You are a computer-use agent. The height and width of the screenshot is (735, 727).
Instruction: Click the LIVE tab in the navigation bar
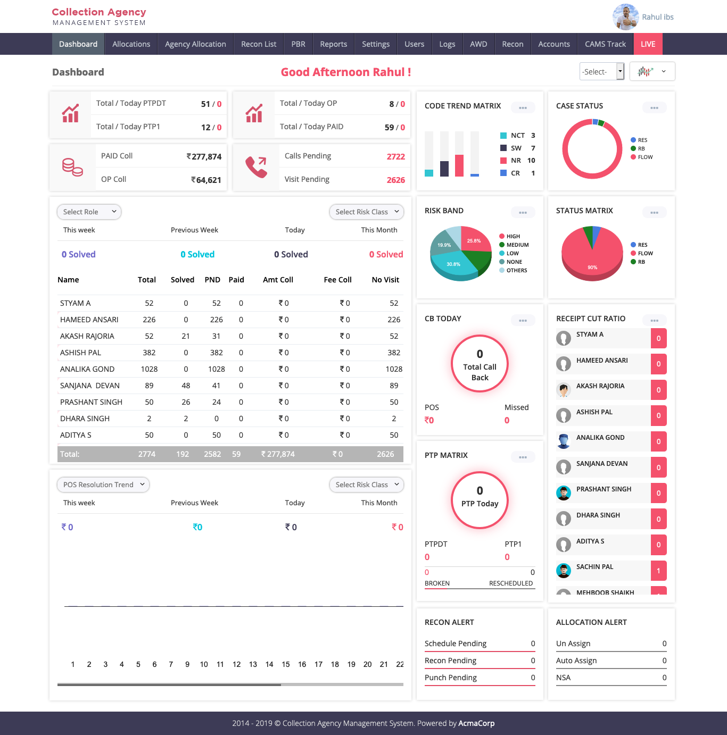point(648,44)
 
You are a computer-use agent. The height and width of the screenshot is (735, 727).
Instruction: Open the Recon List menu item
point(259,44)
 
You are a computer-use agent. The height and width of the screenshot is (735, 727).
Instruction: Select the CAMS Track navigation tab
point(605,44)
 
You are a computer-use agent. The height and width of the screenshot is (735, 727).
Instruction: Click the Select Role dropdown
point(89,212)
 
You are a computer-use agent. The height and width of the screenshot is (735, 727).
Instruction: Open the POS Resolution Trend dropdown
point(103,485)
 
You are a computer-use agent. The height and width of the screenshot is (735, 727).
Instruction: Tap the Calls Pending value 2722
point(395,156)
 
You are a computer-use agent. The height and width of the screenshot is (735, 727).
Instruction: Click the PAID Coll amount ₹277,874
point(204,156)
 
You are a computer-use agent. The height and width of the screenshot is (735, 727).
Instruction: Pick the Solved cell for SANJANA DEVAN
point(186,386)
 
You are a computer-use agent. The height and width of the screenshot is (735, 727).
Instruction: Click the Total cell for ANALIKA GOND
point(149,369)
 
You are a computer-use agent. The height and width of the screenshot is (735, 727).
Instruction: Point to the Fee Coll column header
point(337,280)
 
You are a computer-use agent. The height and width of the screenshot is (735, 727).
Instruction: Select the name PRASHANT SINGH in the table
point(91,402)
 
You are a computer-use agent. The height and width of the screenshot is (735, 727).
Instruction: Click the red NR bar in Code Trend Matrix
point(459,165)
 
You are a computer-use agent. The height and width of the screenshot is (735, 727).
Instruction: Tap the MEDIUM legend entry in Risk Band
point(517,245)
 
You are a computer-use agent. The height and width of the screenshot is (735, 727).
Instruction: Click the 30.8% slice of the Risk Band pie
point(453,264)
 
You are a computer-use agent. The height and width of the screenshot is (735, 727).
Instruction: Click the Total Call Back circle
point(480,364)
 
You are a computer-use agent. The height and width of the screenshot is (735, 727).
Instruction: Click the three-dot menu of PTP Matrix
point(523,457)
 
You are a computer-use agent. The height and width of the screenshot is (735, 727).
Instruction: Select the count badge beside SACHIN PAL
point(658,571)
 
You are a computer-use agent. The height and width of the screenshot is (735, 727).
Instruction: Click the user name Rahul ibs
point(657,17)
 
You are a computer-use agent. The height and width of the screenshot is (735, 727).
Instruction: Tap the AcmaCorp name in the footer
point(476,723)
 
